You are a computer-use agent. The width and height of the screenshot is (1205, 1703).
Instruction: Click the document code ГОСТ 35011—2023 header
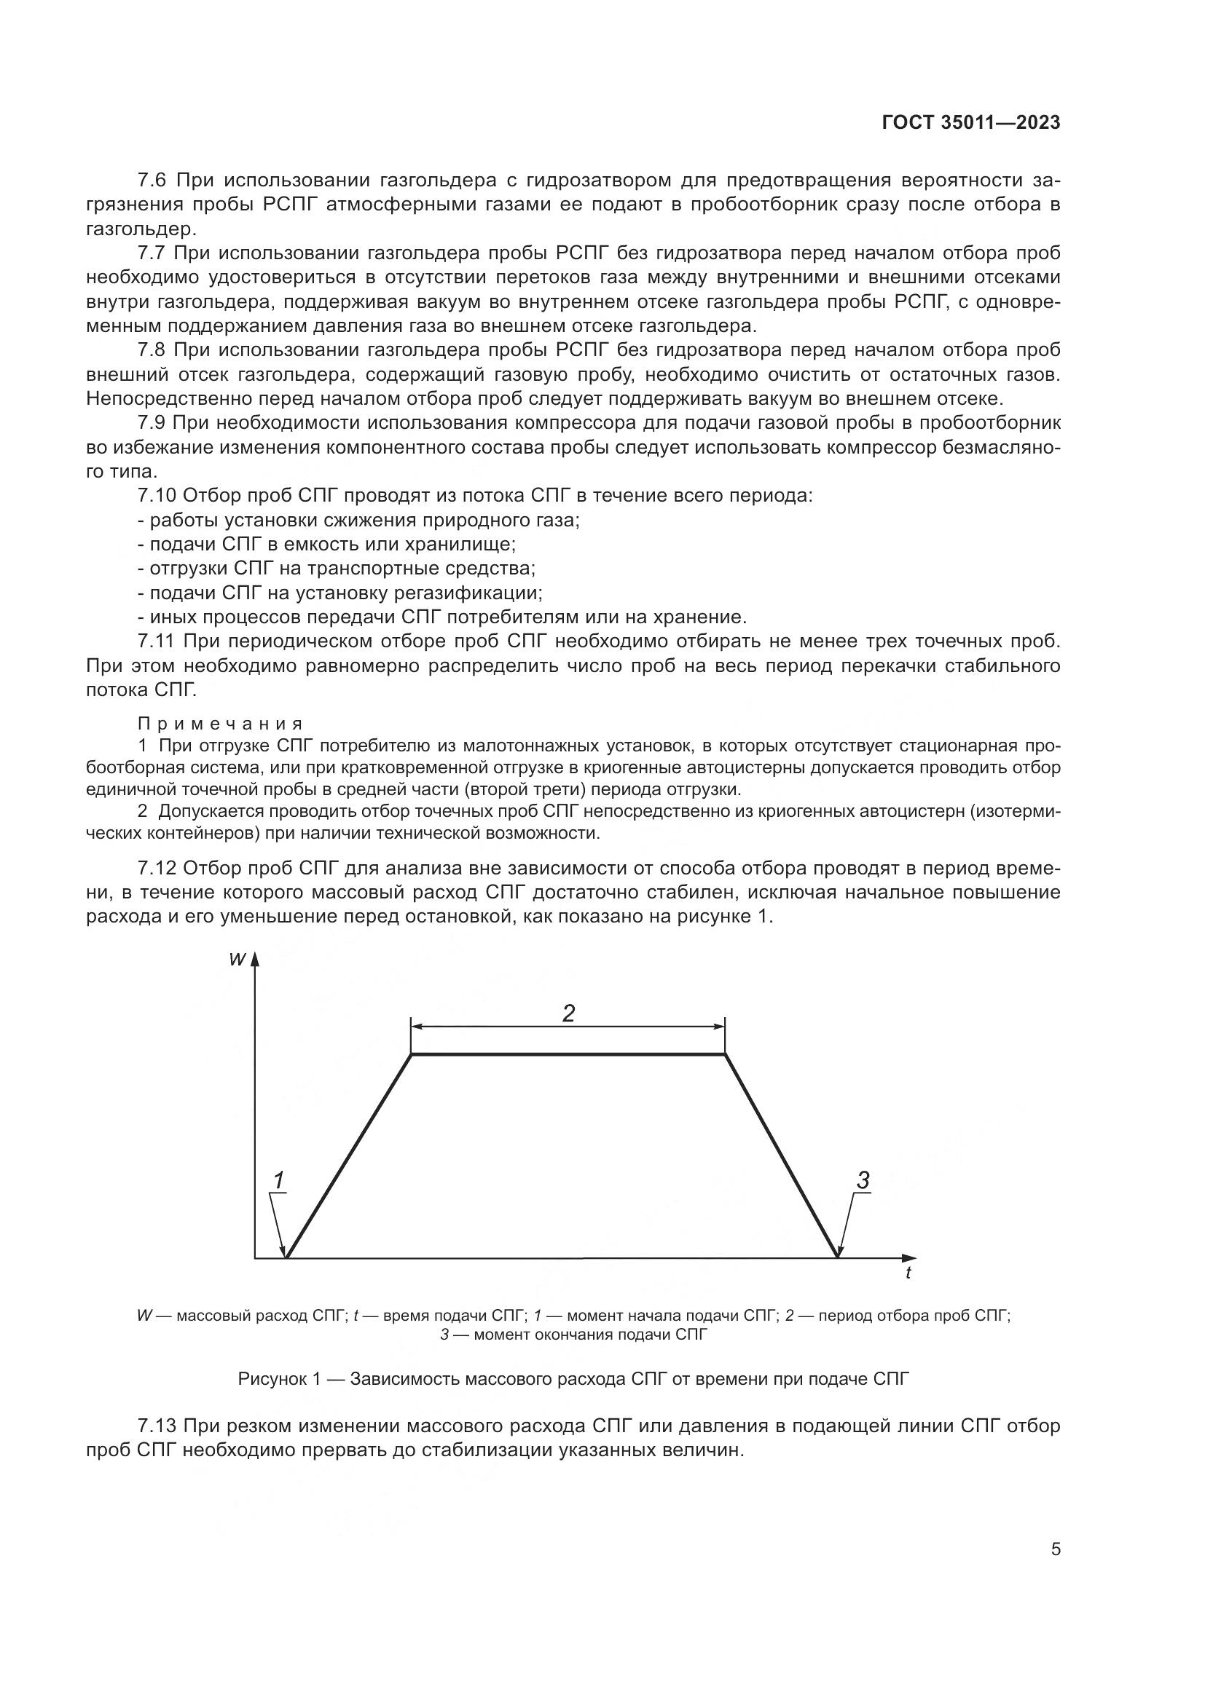click(x=970, y=123)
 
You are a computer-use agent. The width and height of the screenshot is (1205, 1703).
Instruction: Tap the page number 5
click(x=1055, y=1549)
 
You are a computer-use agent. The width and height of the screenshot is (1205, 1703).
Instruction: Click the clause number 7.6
click(x=154, y=181)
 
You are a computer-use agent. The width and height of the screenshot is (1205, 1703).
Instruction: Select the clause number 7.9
click(x=154, y=423)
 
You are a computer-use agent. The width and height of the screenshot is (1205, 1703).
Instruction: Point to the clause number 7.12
click(x=159, y=868)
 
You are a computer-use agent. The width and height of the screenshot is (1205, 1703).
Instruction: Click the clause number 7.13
click(x=159, y=1426)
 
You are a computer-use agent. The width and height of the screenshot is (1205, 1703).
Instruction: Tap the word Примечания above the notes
click(x=220, y=724)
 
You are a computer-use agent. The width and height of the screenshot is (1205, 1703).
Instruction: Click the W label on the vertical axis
click(x=237, y=959)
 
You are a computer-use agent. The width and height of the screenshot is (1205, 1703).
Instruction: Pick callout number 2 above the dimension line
click(x=568, y=1013)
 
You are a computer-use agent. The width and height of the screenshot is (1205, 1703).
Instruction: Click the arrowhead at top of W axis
click(x=254, y=958)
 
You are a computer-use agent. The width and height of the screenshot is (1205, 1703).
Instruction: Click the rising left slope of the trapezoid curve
click(x=349, y=1155)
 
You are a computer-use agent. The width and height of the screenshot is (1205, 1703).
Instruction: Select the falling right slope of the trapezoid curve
click(x=781, y=1155)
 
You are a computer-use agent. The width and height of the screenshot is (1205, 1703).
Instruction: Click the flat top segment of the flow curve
click(x=568, y=1054)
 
